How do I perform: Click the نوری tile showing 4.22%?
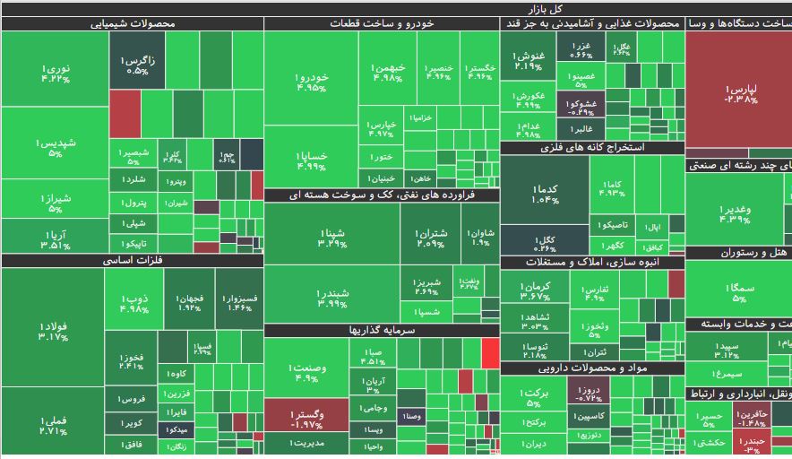[x=55, y=72]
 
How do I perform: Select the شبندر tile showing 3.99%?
[x=331, y=298]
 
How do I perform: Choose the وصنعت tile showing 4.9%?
[x=307, y=371]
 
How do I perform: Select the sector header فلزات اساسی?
[x=133, y=261]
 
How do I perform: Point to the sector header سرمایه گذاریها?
[x=382, y=330]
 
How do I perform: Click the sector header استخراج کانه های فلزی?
[x=592, y=148]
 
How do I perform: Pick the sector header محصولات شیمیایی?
[x=133, y=24]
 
